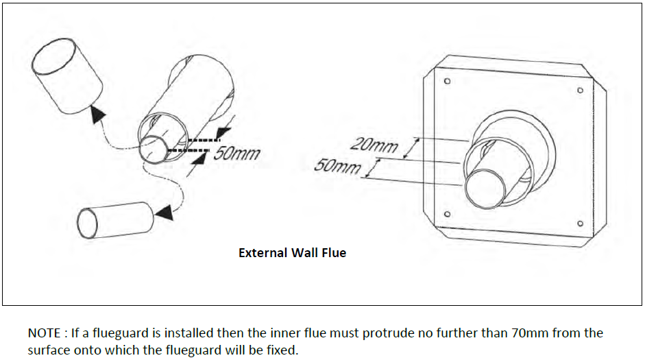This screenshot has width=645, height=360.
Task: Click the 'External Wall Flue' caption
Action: pos(292,253)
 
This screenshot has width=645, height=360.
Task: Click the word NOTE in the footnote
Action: pos(45,333)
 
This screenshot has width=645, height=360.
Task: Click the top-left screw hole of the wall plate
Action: pos(447,81)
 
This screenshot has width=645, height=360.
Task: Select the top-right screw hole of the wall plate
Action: pos(580,91)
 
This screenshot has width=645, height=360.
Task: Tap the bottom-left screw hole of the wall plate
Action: pos(447,214)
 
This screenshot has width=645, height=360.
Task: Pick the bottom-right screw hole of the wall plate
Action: pos(580,224)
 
